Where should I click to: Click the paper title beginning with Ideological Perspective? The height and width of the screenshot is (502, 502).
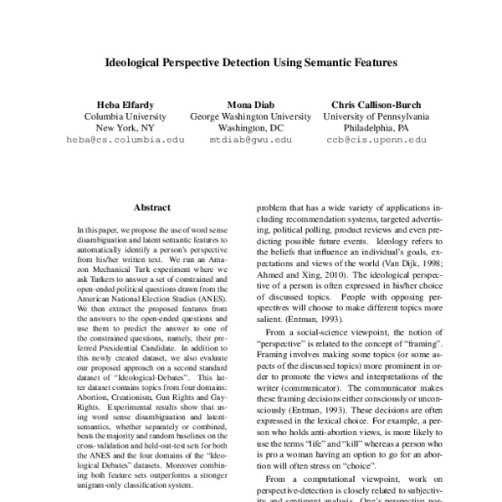point(250,62)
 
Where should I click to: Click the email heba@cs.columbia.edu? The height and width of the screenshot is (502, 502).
point(125,141)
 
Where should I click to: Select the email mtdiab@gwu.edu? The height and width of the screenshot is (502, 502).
point(250,141)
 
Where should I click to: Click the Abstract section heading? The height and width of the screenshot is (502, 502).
point(151,207)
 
